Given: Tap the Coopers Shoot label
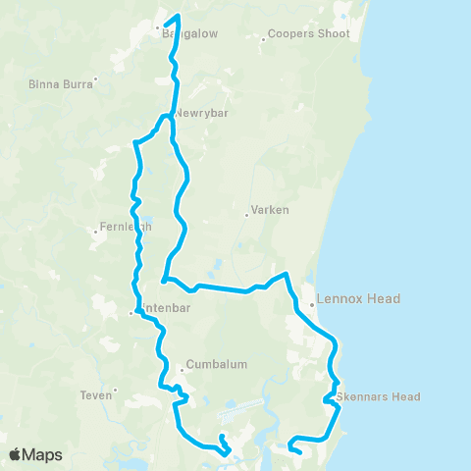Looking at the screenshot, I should [x=311, y=33].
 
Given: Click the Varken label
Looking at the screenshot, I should [x=268, y=210].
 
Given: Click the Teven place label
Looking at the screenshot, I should [x=95, y=396].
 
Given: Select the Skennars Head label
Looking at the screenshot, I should [x=379, y=396].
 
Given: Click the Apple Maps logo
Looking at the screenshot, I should [x=36, y=454].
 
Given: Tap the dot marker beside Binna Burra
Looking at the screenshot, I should [x=95, y=78].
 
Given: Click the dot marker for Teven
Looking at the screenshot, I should [x=115, y=391].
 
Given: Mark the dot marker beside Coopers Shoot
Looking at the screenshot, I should [x=265, y=39].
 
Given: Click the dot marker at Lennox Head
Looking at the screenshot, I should [x=311, y=304].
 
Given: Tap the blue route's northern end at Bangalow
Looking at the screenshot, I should [x=179, y=16].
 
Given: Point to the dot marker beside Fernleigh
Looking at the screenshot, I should [x=94, y=233].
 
